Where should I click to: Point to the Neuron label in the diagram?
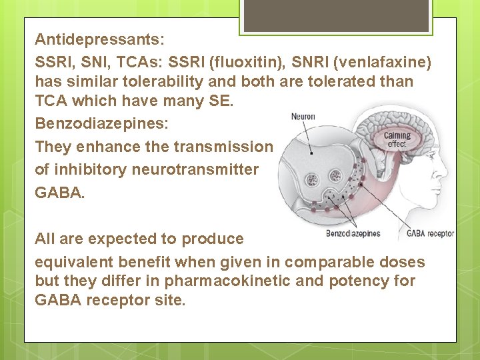303,117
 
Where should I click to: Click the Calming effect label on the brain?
397,139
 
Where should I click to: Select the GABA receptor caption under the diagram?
430,234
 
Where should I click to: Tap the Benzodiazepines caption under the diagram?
353,234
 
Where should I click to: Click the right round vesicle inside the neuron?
336,175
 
